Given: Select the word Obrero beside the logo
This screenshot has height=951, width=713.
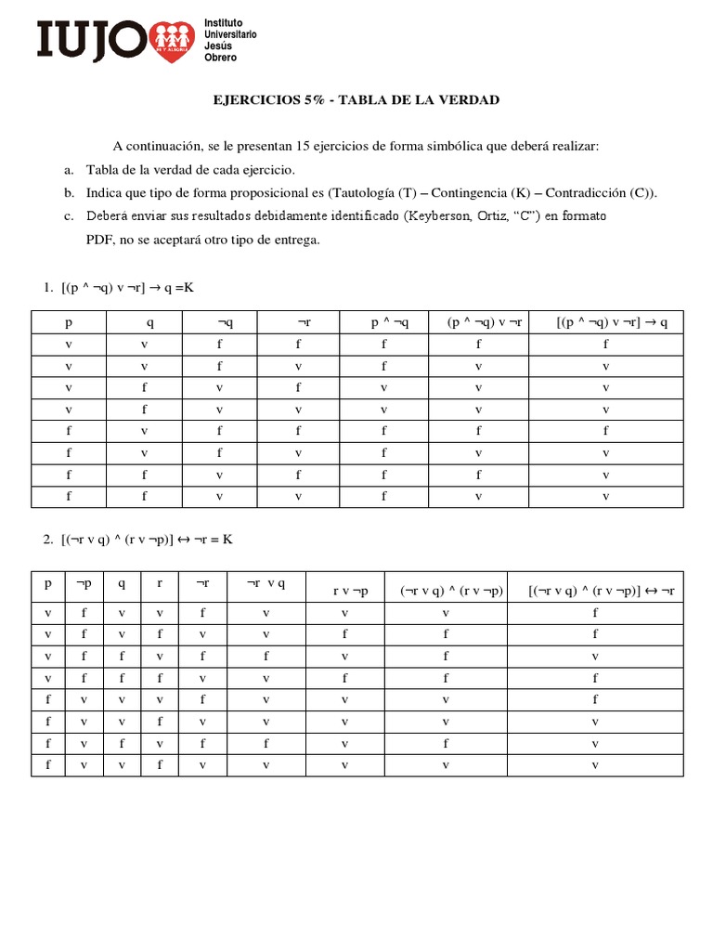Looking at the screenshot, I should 220,58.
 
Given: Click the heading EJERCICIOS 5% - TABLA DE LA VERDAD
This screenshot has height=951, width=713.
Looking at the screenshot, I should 357,100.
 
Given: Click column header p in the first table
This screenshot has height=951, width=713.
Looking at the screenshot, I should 68,322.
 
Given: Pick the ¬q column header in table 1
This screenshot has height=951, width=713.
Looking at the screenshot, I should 225,322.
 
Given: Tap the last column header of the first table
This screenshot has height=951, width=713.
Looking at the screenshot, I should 605,322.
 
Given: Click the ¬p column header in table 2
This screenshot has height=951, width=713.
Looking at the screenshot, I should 84,585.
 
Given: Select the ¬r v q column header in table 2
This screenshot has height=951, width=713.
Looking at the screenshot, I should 266,585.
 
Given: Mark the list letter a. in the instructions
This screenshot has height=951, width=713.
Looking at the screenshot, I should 69,170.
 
